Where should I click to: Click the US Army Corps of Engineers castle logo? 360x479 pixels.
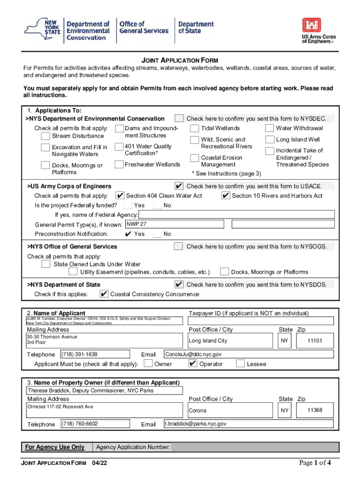coord(311,26)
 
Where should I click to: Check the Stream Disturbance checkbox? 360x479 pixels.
coord(45,136)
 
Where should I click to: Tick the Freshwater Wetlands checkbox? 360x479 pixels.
coord(118,164)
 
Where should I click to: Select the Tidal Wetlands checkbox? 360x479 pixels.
coord(194,128)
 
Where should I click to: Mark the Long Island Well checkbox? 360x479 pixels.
coord(269,139)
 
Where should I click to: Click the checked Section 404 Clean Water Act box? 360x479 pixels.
coord(120,196)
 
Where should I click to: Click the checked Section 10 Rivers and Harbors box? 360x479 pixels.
coord(226,196)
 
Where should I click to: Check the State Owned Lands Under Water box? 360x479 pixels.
coord(46,264)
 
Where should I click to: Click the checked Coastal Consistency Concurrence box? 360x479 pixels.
coord(104,294)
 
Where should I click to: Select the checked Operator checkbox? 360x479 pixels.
coord(193,363)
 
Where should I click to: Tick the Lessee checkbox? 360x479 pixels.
coord(240,363)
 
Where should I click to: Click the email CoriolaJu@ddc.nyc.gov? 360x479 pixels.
coord(248,355)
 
